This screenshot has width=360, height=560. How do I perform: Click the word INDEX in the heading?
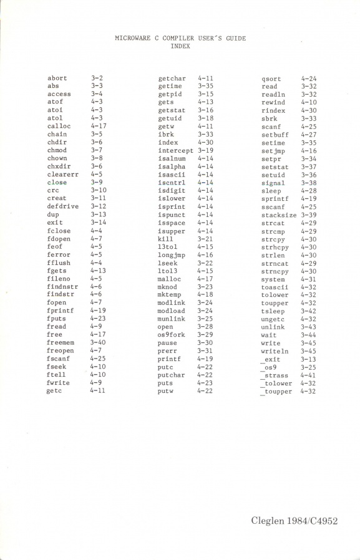click(180, 46)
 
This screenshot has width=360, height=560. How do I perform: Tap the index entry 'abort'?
click(57, 78)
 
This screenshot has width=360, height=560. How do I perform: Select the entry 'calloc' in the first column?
click(59, 127)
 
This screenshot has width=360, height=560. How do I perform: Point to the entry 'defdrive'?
click(62, 206)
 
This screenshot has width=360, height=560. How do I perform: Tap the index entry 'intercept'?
click(176, 150)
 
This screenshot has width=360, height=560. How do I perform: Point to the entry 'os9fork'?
click(172, 335)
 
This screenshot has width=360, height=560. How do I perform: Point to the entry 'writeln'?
click(275, 351)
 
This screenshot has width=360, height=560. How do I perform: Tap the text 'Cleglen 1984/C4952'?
click(294, 520)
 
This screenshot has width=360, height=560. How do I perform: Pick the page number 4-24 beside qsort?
click(308, 79)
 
